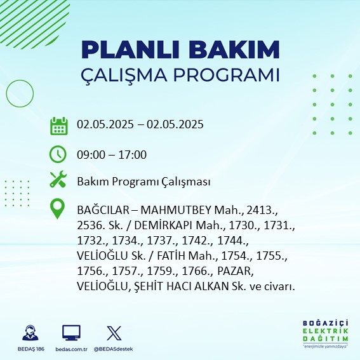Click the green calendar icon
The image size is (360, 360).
59,126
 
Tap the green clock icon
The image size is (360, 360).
58,154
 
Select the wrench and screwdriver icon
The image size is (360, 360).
58,179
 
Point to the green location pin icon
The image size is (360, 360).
57,208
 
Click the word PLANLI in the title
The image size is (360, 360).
130,50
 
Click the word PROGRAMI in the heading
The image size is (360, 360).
227,75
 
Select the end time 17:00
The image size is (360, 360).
132,154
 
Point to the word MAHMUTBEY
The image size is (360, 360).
176,210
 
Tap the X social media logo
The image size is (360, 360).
114,333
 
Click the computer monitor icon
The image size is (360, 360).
71,333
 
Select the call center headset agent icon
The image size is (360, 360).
30,333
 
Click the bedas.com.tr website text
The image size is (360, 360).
71,349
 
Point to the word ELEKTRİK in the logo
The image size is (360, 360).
325,331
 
